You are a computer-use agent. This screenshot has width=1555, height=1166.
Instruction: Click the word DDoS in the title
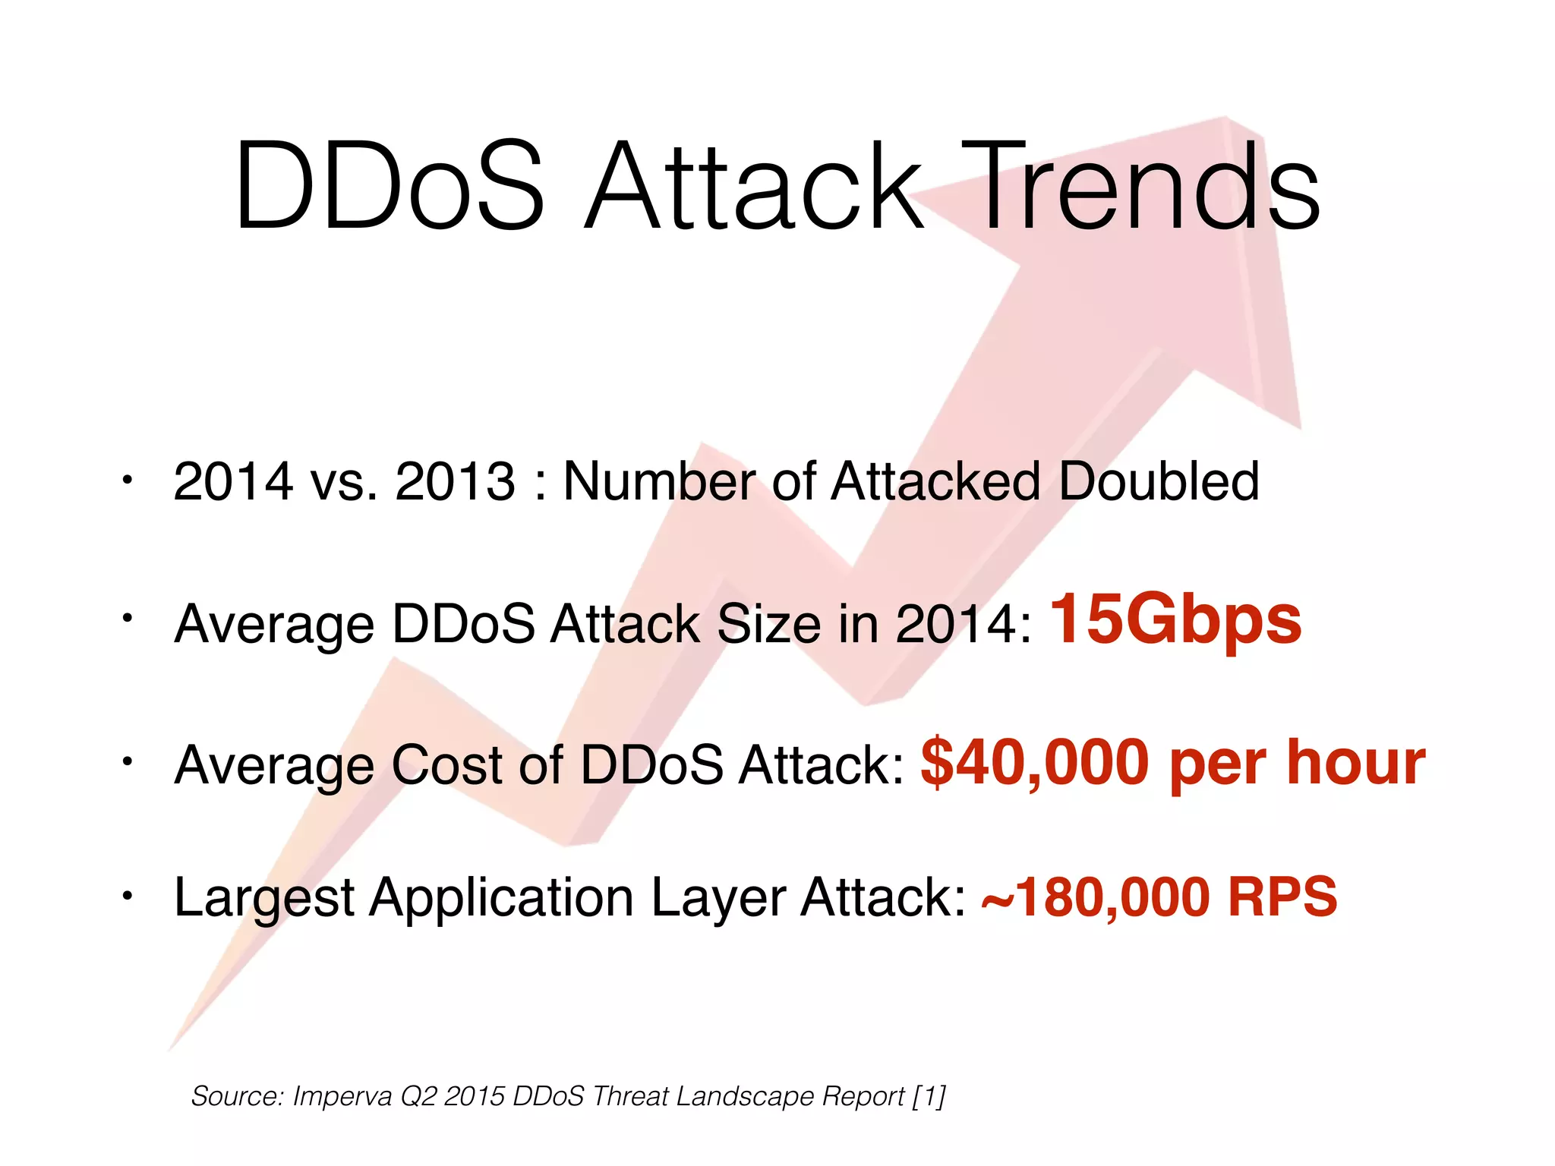389,186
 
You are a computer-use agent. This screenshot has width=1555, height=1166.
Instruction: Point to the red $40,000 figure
1034,763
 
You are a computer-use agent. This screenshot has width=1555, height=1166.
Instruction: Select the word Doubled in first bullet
1159,481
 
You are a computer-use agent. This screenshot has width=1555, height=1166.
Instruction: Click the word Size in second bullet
768,624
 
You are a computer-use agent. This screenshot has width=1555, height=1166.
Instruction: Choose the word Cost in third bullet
446,764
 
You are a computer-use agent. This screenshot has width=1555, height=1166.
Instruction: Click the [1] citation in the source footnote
929,1097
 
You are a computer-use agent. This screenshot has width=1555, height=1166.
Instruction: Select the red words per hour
1297,763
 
